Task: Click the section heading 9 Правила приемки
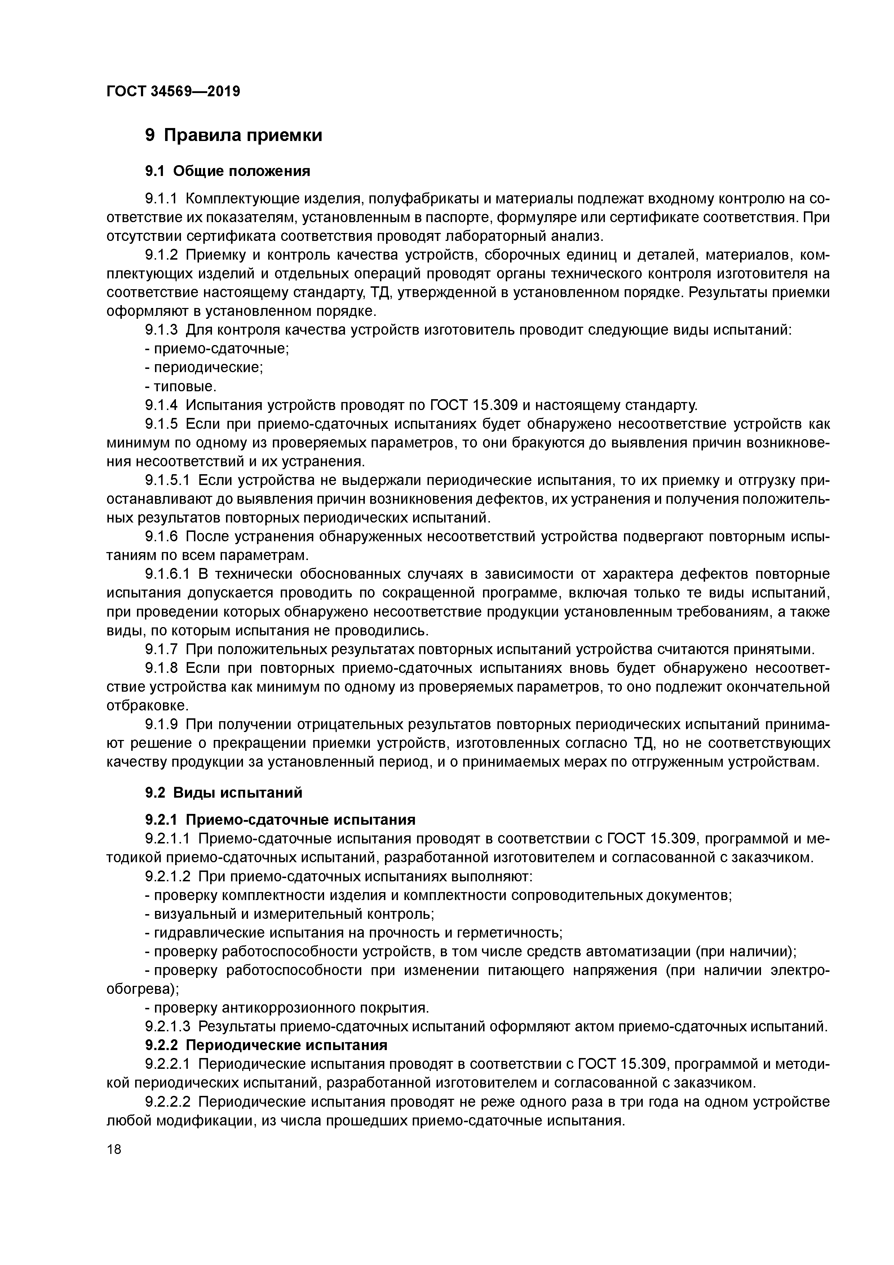click(234, 135)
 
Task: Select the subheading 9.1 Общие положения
click(227, 171)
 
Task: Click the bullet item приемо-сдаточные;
click(217, 349)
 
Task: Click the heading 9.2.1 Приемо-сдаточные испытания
click(280, 820)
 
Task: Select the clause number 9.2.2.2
click(168, 1102)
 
